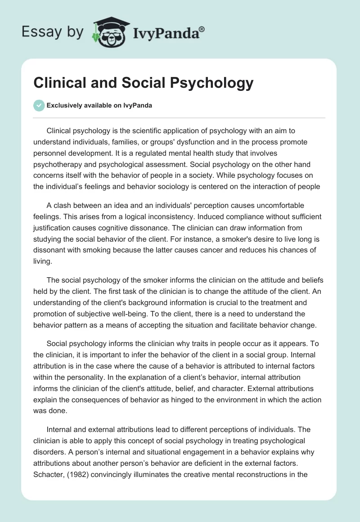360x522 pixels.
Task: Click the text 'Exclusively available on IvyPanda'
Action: pos(99,105)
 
